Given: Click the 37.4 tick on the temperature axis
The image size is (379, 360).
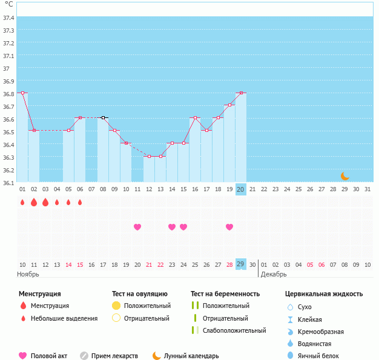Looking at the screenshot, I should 8,18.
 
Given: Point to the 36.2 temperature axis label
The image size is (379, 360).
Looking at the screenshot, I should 8,170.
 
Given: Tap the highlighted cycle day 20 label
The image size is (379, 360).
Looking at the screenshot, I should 241,189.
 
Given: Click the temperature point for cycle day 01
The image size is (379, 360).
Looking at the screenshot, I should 22,93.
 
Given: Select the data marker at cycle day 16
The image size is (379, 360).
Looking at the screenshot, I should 195,117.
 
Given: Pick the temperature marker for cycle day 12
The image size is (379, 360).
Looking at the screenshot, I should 149,156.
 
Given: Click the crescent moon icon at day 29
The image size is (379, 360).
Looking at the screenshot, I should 344,176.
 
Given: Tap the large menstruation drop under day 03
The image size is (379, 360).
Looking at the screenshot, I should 45,202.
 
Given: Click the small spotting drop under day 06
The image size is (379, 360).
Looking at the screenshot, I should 80,202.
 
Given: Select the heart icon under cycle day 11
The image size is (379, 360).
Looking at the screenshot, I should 137,227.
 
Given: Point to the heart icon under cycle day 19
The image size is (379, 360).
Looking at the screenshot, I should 229,227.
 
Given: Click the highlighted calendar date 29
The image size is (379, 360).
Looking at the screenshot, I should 241,264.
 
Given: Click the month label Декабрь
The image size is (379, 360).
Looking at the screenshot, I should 274,274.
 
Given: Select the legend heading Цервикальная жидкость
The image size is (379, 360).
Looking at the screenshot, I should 324,294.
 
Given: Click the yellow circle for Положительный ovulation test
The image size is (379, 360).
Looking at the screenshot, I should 116,306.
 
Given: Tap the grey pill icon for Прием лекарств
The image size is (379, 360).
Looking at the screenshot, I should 84,356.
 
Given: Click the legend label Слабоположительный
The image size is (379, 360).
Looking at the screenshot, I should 235,330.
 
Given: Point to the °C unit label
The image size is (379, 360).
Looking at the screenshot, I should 9,4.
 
